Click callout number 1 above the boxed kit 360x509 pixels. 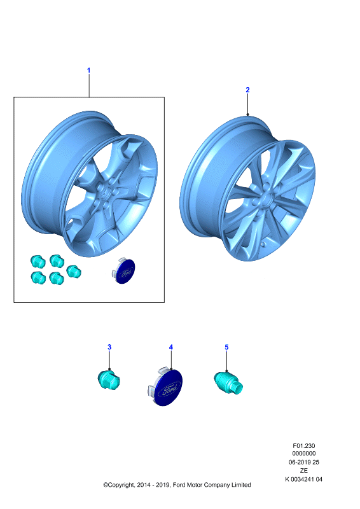click(x=88, y=71)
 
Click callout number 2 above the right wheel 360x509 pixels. click(x=247, y=90)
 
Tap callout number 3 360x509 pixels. click(x=109, y=347)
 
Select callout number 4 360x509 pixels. click(x=171, y=347)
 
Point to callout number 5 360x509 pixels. click(x=226, y=347)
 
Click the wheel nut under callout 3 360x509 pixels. click(x=109, y=380)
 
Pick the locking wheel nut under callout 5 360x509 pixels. click(x=228, y=383)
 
